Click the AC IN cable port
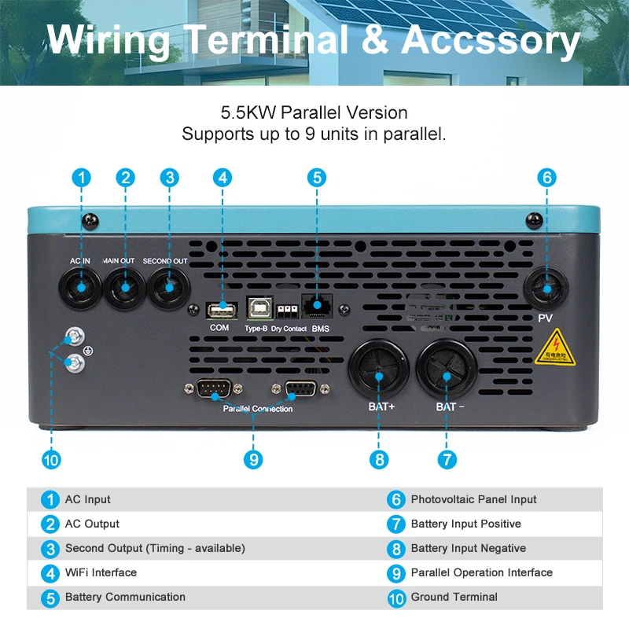pyautogui.click(x=81, y=289)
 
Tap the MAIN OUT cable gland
pyautogui.click(x=124, y=289)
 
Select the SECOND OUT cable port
pyautogui.click(x=167, y=289)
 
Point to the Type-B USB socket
pyautogui.click(x=257, y=307)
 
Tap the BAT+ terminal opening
pyautogui.click(x=379, y=376)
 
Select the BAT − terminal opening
pyautogui.click(x=447, y=376)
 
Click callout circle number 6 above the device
pyautogui.click(x=547, y=177)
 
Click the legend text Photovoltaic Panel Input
pyautogui.click(x=473, y=499)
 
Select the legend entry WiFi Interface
pyautogui.click(x=101, y=572)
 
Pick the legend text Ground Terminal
pyautogui.click(x=454, y=597)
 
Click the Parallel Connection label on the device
pyautogui.click(x=258, y=409)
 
